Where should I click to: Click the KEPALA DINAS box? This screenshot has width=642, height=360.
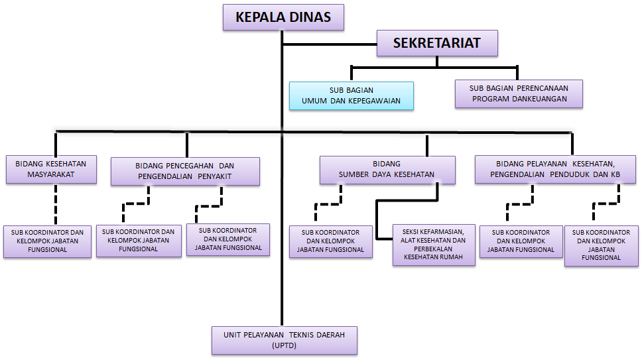point(283,18)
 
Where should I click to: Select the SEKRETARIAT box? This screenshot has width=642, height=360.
point(436,44)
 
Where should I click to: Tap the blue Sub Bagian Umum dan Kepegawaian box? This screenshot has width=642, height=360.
point(351,96)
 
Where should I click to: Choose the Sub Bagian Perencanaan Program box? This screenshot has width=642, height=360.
point(519,93)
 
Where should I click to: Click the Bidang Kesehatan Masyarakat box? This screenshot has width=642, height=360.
point(51,169)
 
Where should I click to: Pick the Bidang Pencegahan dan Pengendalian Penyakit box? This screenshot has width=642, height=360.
point(185,171)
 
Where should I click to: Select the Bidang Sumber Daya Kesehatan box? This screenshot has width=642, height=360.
point(387,170)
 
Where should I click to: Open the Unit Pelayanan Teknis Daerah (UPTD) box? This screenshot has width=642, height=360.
point(284,339)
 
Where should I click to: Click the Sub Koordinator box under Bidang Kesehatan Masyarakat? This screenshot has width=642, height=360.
point(47,241)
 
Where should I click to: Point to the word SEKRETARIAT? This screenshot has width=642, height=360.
point(436,44)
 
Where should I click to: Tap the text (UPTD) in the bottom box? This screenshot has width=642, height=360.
point(284,346)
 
